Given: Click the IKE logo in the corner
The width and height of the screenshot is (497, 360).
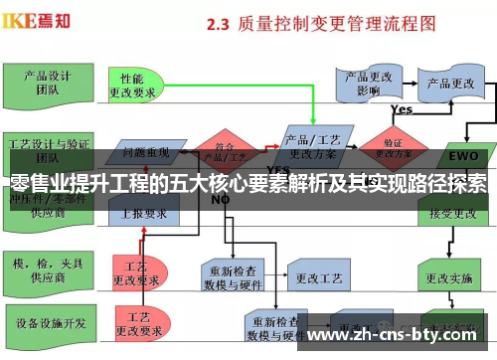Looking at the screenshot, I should tap(39, 19).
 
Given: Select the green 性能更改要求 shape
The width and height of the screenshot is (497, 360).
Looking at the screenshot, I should tap(135, 86).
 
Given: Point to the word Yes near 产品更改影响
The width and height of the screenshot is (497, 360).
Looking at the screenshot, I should tap(402, 109).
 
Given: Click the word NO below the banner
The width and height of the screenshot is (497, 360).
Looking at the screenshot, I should tap(220, 200).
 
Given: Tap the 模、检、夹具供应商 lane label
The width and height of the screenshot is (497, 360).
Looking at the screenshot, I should tap(45, 268).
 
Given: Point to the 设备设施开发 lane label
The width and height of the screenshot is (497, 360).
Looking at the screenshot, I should tap(44, 323).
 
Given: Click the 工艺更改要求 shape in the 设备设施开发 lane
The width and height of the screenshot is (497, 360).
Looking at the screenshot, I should tap(136, 326).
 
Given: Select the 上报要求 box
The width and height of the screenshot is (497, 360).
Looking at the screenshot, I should tap(143, 211).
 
